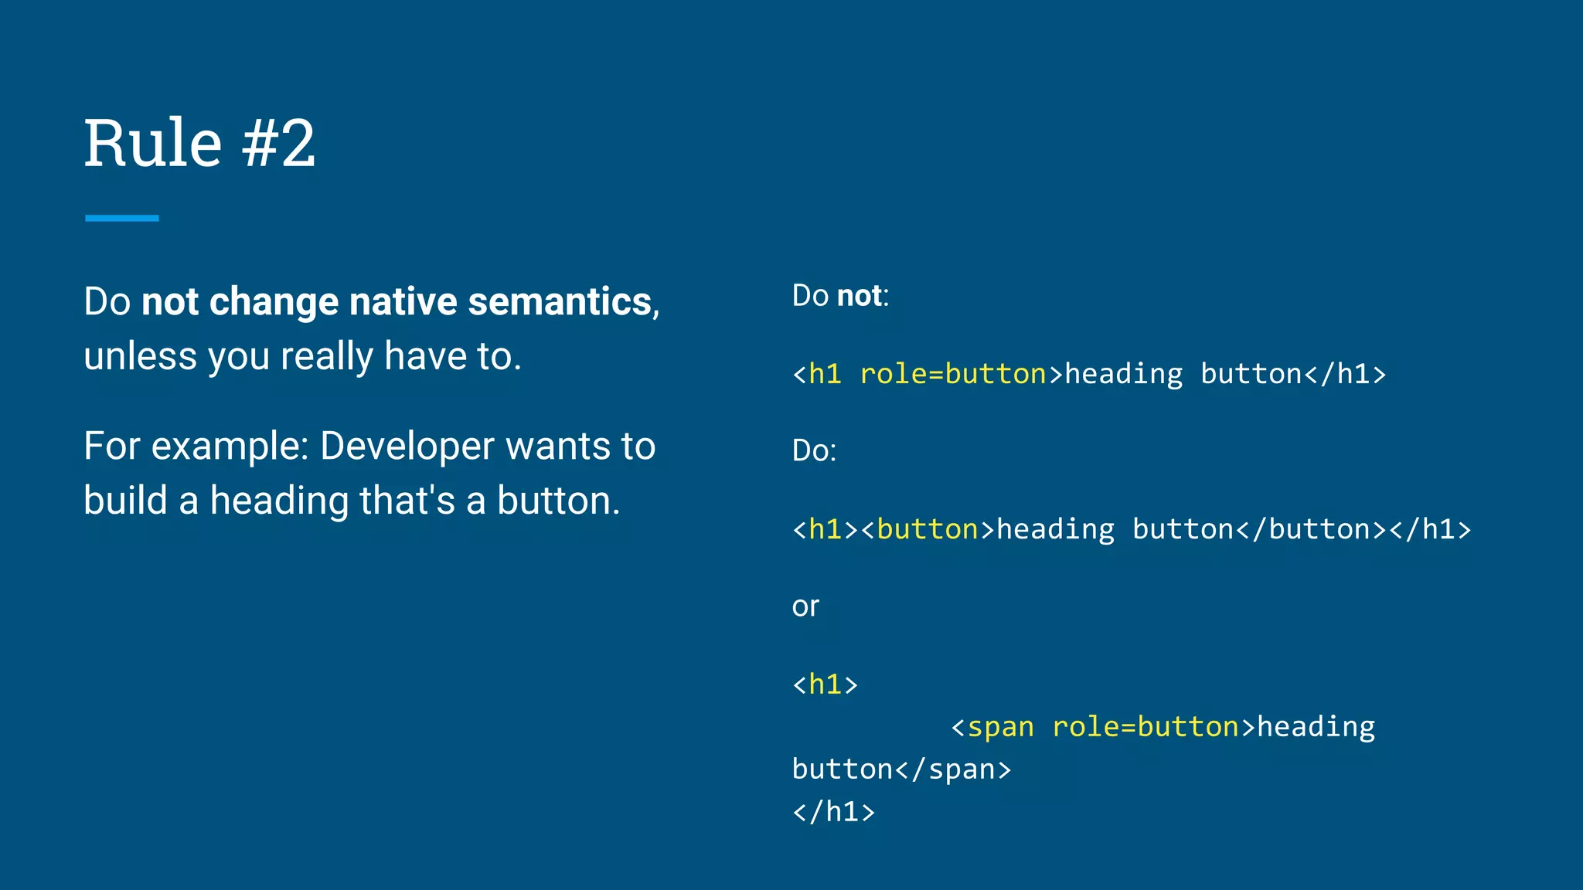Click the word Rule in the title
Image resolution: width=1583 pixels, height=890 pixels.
click(153, 144)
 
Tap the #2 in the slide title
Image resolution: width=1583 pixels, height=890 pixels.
click(279, 144)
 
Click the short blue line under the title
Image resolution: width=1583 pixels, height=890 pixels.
click(121, 219)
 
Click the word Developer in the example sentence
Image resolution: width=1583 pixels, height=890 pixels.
click(407, 446)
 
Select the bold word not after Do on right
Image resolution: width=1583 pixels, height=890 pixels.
click(859, 296)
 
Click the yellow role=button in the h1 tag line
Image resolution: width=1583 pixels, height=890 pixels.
click(952, 375)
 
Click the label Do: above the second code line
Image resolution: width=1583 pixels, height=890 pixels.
click(814, 450)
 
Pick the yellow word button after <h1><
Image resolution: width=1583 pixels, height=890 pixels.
click(928, 530)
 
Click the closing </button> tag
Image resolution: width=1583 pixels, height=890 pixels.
click(1311, 530)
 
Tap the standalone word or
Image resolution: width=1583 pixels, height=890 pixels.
click(805, 606)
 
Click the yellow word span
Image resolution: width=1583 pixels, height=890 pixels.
click(1000, 728)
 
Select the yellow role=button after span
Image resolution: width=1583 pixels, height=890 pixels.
click(1146, 728)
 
